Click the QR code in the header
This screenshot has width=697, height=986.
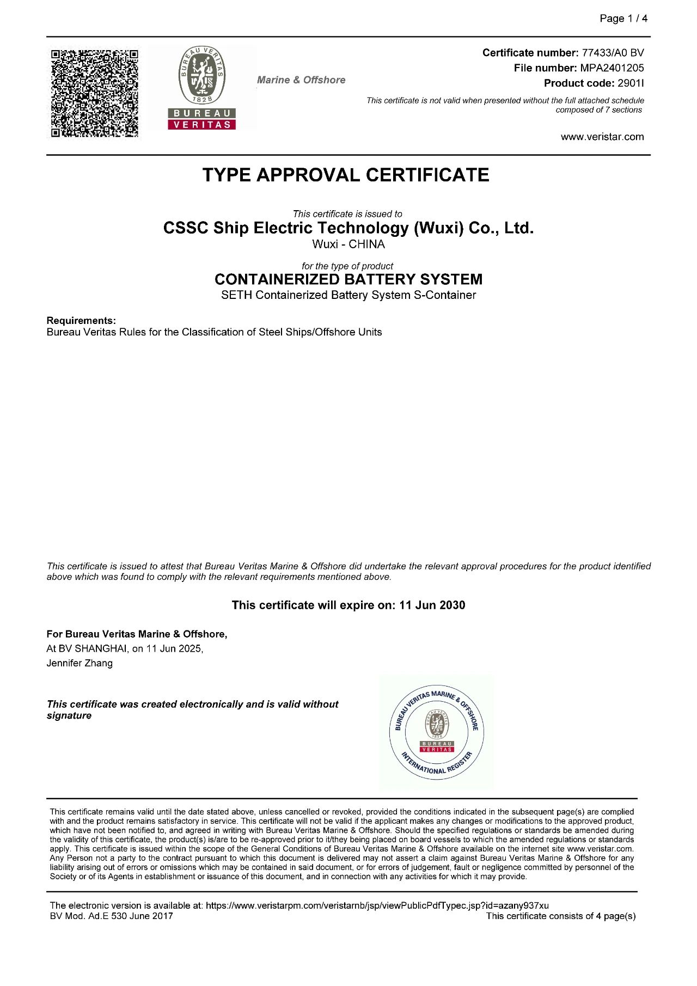click(x=94, y=93)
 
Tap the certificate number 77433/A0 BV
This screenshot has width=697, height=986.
click(x=613, y=53)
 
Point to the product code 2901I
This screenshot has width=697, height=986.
click(x=631, y=83)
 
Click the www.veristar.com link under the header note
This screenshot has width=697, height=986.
click(x=602, y=137)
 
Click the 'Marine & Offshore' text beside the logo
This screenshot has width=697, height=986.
click(x=301, y=80)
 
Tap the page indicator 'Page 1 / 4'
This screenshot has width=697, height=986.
click(x=623, y=19)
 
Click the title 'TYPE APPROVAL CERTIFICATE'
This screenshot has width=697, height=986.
click(x=346, y=175)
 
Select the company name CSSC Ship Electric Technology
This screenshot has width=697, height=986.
click(x=348, y=228)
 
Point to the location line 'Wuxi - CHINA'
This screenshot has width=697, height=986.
click(x=348, y=244)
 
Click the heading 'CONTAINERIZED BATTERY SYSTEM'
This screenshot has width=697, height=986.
click(x=348, y=279)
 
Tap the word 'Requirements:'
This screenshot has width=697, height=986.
click(x=81, y=320)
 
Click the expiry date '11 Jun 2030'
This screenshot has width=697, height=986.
click(x=432, y=605)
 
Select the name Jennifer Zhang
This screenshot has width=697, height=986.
click(x=80, y=663)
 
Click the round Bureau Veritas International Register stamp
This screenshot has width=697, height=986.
click(x=437, y=733)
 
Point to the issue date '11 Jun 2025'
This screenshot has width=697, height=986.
click(x=174, y=648)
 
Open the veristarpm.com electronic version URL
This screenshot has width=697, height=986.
click(x=377, y=905)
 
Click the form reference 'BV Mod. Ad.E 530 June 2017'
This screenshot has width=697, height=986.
click(x=111, y=916)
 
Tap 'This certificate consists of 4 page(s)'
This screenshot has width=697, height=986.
click(x=560, y=916)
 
